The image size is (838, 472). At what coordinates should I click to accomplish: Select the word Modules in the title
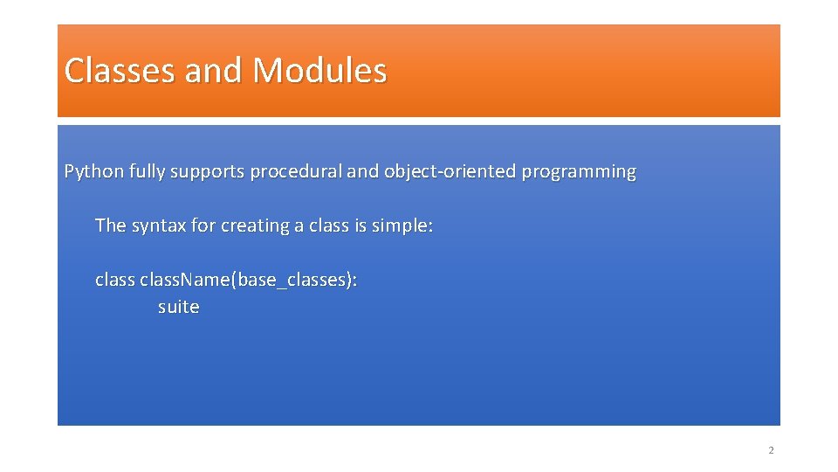coord(319,71)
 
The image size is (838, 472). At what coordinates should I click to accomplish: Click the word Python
coord(94,171)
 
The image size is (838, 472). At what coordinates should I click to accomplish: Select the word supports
coord(207,171)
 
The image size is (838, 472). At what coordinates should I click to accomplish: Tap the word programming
coord(579,171)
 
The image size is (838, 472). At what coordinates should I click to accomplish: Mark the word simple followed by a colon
coord(402,226)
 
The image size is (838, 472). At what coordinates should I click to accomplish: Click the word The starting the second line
coord(111,226)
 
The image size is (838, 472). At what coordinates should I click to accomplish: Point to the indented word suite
coord(178,307)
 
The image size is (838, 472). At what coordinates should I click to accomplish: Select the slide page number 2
coord(771,450)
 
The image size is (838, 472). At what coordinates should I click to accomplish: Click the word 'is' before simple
coord(361,226)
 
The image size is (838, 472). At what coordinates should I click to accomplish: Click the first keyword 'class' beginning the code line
coord(114,281)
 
